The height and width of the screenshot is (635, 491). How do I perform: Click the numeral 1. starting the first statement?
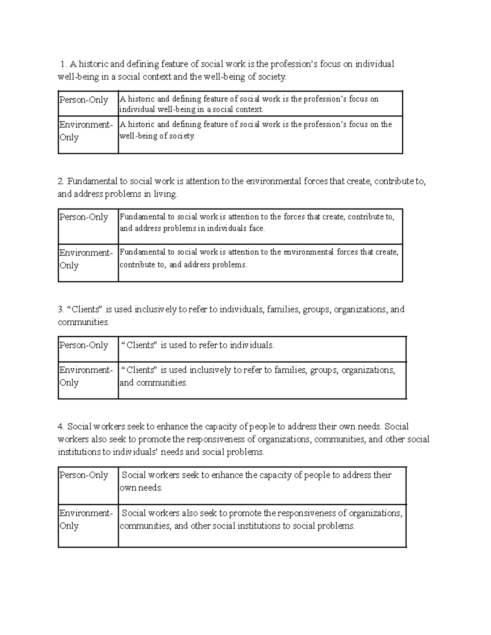(63, 64)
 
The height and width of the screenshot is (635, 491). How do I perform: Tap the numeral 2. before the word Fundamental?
(61, 182)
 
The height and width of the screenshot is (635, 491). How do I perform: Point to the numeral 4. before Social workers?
(61, 427)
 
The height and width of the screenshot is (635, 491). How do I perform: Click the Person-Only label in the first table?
(84, 100)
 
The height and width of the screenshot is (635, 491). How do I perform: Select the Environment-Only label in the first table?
(86, 130)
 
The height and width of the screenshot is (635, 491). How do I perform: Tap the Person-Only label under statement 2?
(84, 217)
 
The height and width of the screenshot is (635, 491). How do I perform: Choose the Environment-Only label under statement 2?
(86, 259)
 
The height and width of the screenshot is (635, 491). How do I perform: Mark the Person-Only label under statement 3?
(84, 345)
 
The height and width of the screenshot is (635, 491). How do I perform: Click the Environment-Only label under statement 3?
(86, 376)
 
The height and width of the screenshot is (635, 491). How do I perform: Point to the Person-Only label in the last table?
(84, 475)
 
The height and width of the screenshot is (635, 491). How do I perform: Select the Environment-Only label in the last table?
(86, 519)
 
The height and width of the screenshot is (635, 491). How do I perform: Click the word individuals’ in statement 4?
(135, 452)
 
